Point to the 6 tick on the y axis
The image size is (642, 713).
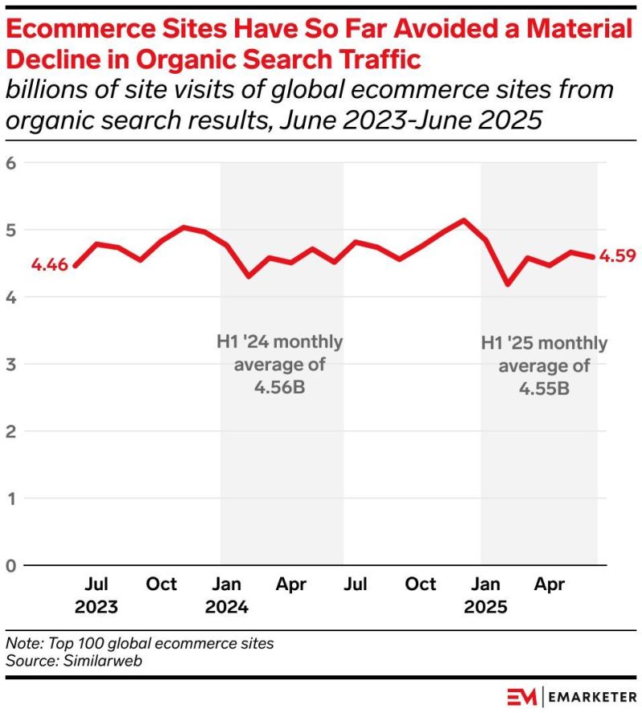pyautogui.click(x=11, y=163)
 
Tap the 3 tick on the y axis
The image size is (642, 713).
pyautogui.click(x=11, y=365)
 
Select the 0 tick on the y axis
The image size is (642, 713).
pyautogui.click(x=11, y=566)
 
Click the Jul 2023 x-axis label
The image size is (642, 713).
pyautogui.click(x=96, y=595)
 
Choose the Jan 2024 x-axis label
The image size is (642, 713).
pyautogui.click(x=226, y=595)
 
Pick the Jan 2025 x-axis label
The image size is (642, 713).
pyautogui.click(x=486, y=595)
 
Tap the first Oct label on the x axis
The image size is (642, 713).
pyautogui.click(x=161, y=584)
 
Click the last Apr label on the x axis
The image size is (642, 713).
pyautogui.click(x=551, y=584)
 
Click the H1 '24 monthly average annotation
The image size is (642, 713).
pyautogui.click(x=279, y=365)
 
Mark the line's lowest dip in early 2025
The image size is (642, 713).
pyautogui.click(x=507, y=284)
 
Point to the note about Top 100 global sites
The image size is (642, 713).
pyautogui.click(x=139, y=643)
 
